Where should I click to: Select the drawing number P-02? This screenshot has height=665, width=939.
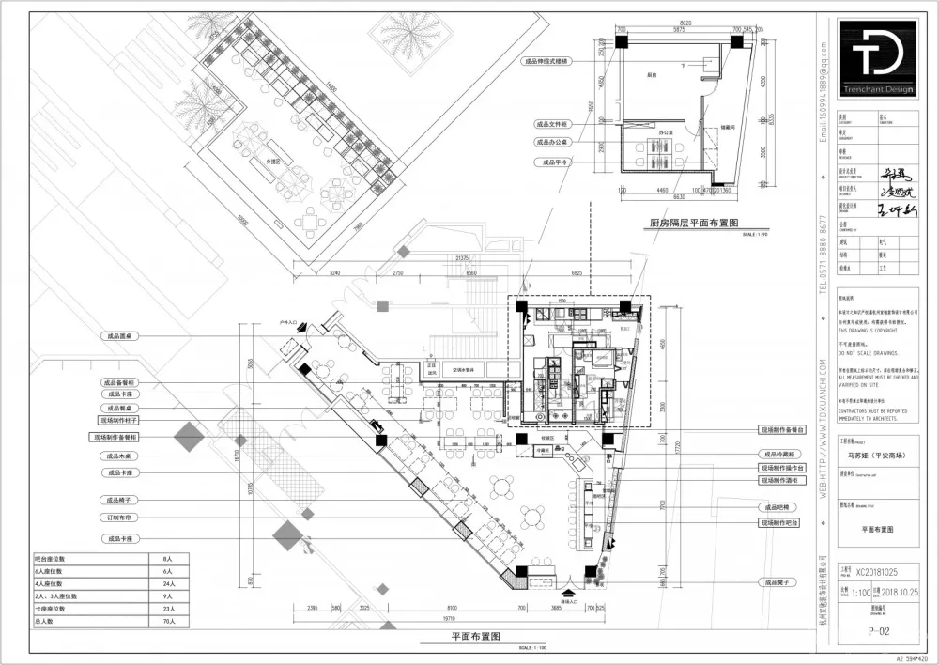878,632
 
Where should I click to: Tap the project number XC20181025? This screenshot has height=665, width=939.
883,569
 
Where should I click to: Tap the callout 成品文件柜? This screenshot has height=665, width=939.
552,123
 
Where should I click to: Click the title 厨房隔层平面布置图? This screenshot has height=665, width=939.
693,224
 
